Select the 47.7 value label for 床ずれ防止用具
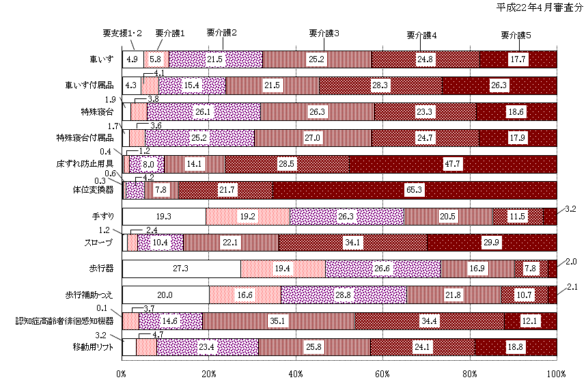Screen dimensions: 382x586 click(453, 164)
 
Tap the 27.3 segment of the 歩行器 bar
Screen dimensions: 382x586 click(181, 269)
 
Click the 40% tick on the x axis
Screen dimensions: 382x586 click(296, 373)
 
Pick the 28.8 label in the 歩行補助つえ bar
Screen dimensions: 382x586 click(344, 295)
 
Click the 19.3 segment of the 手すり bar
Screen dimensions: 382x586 click(165, 216)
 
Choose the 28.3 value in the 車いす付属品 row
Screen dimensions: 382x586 click(380, 85)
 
